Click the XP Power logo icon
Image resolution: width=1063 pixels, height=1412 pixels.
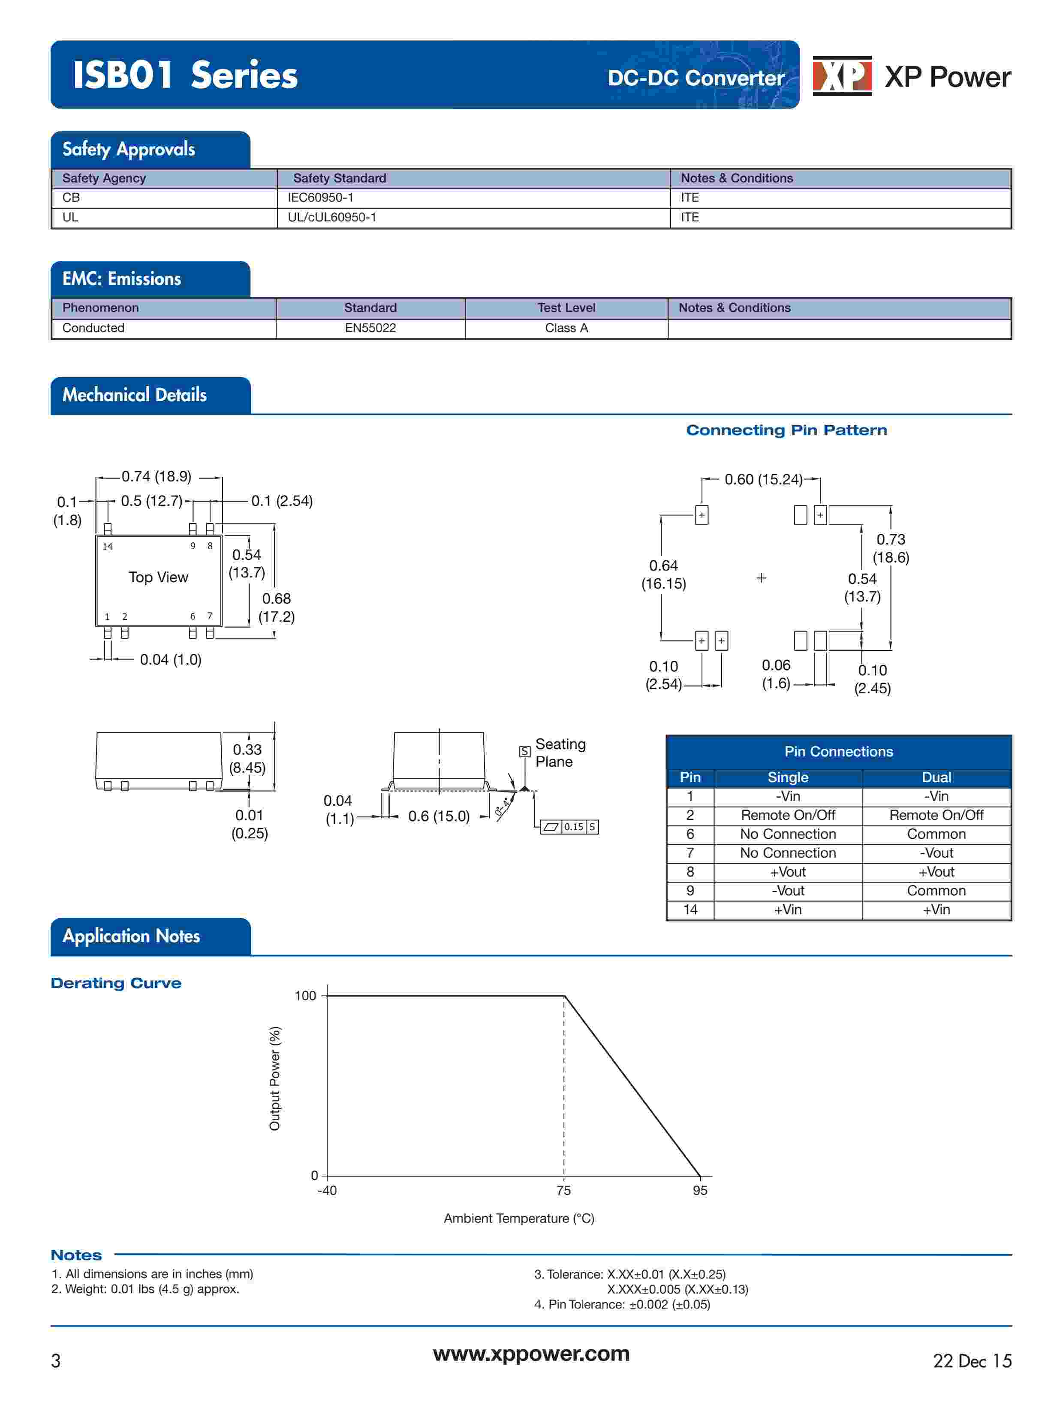pos(842,76)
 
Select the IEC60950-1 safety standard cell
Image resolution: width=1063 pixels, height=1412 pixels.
pos(320,198)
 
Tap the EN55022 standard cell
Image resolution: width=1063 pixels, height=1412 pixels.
pos(370,328)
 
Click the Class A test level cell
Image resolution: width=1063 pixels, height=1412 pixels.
pos(566,328)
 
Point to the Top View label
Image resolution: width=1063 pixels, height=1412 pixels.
pos(158,577)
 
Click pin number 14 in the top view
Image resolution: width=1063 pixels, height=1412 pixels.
pos(108,547)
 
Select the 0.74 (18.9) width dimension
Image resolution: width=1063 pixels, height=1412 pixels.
pos(157,477)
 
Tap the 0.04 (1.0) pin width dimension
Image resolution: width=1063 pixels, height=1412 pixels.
pos(170,660)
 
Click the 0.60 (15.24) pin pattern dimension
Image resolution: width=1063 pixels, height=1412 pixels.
pos(763,479)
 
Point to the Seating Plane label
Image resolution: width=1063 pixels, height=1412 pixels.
pos(560,753)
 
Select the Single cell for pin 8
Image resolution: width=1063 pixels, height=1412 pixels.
pos(787,872)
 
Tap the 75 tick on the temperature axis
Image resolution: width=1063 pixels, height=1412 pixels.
pos(563,1191)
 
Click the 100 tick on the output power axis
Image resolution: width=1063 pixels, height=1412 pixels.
pos(305,996)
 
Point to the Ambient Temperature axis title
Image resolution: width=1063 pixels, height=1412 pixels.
pos(519,1218)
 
